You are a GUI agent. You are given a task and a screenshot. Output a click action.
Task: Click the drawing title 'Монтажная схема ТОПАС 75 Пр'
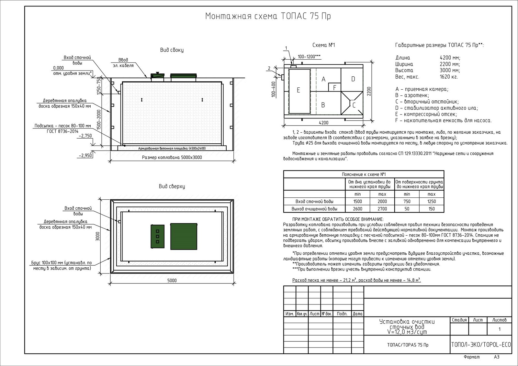pos(268,16)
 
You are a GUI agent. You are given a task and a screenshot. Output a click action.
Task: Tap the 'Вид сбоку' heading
pos(172,50)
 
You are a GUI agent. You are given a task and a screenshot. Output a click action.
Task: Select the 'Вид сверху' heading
pos(172,186)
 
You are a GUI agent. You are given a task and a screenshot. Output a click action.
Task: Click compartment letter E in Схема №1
pos(298,90)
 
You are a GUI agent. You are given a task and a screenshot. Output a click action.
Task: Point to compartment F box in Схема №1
pos(334,87)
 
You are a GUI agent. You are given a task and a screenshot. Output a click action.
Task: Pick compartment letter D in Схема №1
pos(353,79)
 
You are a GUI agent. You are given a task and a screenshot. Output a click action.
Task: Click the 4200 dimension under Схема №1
pos(323,123)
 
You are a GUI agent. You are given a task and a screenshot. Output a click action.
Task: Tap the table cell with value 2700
pos(382,209)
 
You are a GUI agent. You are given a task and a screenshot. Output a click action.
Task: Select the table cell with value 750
pos(407,201)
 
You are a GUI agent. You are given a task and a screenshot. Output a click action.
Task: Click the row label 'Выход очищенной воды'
pos(314,209)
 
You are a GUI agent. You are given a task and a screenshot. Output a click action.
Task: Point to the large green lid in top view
pos(184,236)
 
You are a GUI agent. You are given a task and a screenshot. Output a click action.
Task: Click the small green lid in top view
pos(157,236)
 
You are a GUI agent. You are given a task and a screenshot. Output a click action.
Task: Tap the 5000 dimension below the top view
pos(172,280)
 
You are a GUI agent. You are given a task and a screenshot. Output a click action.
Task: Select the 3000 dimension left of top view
pos(98,236)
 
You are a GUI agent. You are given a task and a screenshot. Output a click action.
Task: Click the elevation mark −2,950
pos(85,155)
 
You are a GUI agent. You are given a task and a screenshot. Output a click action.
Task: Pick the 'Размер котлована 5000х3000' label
pos(172,158)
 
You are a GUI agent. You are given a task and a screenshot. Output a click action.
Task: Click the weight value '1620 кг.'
pos(449,77)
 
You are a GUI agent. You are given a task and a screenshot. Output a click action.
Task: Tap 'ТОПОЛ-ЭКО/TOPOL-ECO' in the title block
pos(481,345)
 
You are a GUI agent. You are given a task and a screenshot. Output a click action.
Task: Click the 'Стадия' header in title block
pos(459,320)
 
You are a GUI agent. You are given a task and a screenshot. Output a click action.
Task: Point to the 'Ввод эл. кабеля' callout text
pos(123,62)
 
